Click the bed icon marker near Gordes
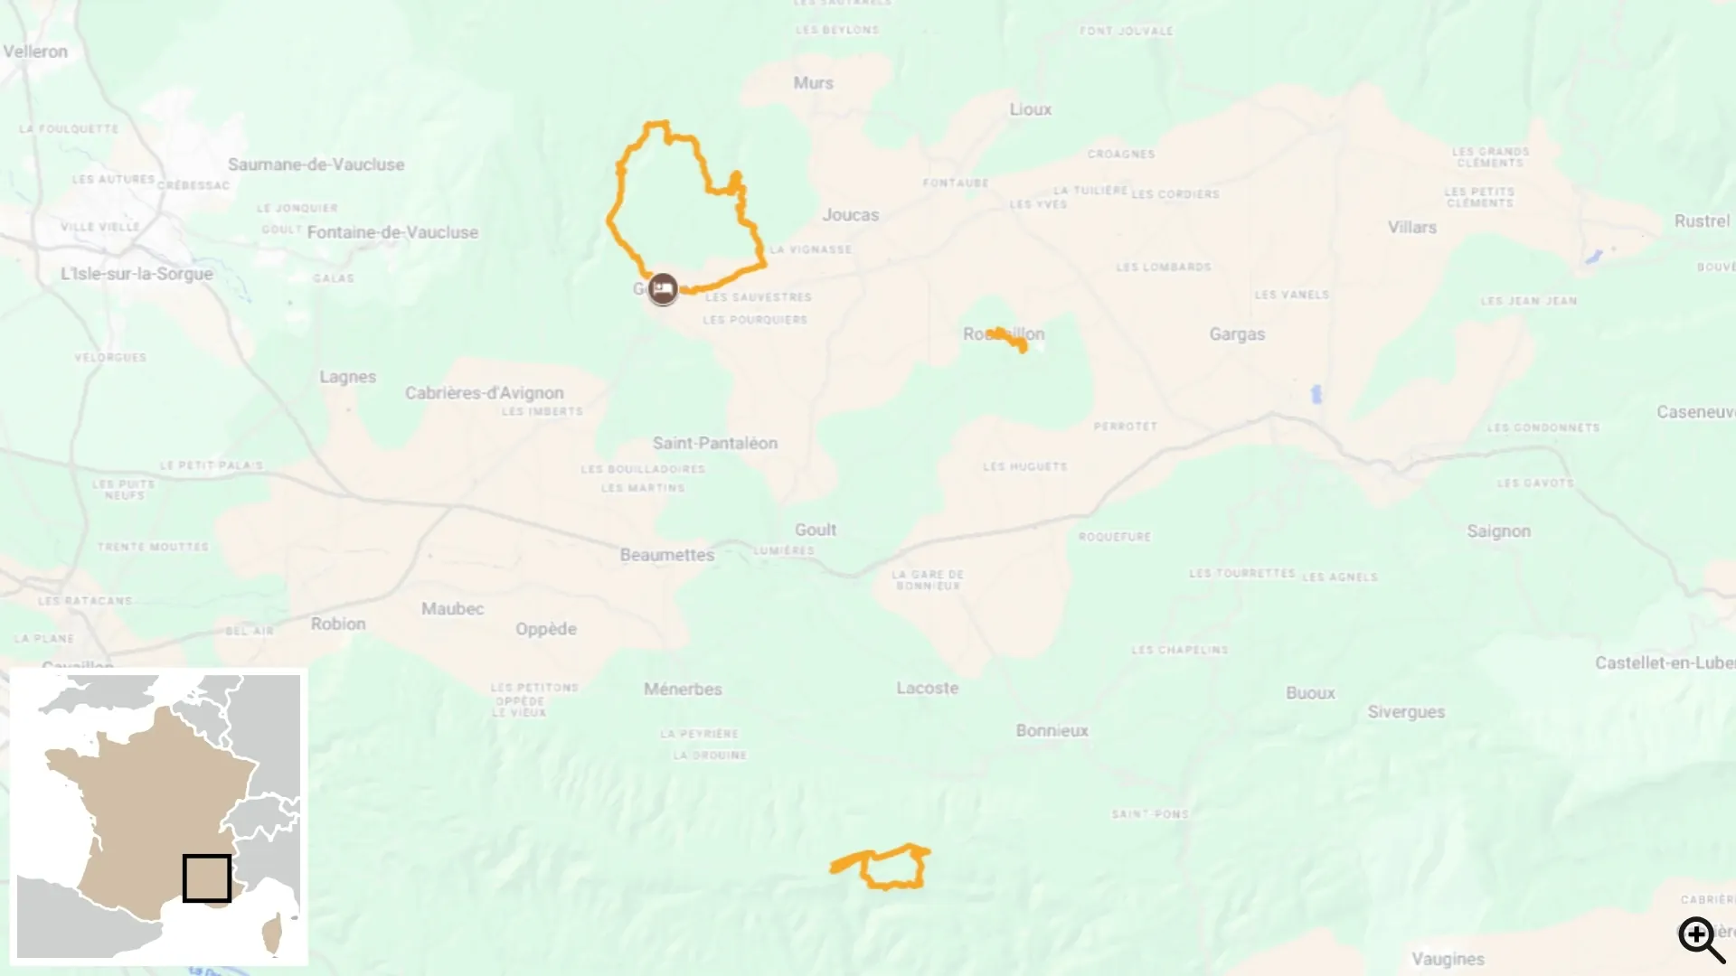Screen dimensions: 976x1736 coord(663,288)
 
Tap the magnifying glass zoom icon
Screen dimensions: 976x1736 coord(1701,939)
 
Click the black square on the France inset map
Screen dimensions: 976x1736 coord(206,877)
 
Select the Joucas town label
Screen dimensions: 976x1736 coord(850,215)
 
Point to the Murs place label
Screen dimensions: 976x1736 coord(813,83)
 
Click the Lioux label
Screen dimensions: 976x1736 coord(1030,109)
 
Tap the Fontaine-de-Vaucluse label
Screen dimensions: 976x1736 coord(392,232)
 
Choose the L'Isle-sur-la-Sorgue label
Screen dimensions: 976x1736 coord(137,274)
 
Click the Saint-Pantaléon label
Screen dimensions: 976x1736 coord(714,443)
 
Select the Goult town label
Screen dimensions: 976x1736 coord(815,530)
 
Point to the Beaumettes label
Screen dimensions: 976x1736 coord(666,555)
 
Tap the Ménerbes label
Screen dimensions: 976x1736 coord(683,690)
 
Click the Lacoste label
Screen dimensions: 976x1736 coord(927,688)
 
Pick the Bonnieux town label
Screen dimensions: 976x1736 coord(1052,730)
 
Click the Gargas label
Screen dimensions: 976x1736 coord(1237,334)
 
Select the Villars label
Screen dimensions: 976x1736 coord(1411,228)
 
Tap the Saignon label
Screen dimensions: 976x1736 coord(1498,531)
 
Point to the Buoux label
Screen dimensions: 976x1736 coord(1310,693)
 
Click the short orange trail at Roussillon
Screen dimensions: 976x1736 coord(1009,338)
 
